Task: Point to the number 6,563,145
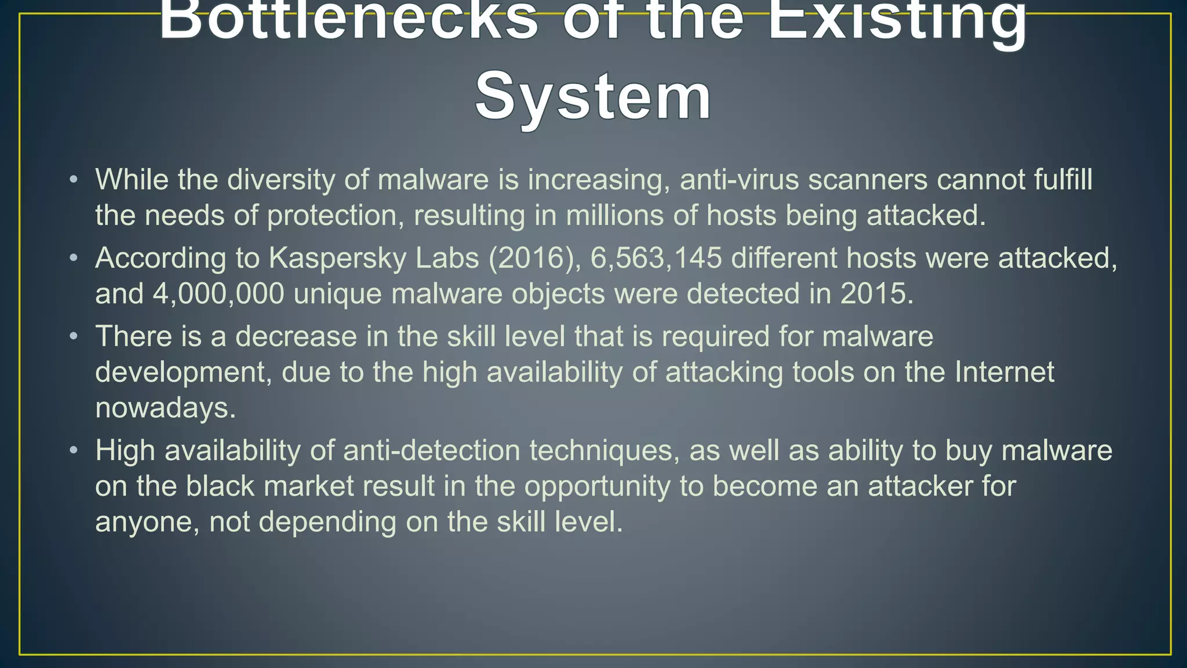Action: point(656,258)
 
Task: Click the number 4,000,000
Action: point(219,294)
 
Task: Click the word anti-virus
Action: point(740,180)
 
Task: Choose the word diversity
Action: point(281,180)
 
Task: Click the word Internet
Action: point(1004,372)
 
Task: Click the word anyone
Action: point(147,522)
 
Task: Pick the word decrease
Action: point(296,336)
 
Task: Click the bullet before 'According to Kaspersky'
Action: point(73,258)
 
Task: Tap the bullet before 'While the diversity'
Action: point(73,180)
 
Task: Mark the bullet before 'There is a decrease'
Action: point(73,336)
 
